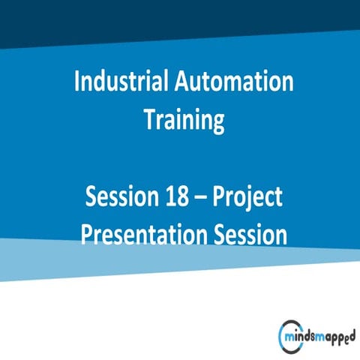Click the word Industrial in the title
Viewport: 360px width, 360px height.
click(x=122, y=82)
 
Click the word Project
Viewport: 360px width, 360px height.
click(x=248, y=197)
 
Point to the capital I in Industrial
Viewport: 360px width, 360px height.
click(x=78, y=82)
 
